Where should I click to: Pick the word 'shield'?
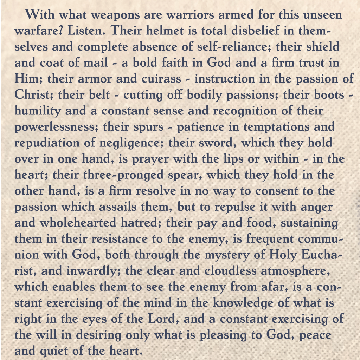pyautogui.click(x=320, y=47)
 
